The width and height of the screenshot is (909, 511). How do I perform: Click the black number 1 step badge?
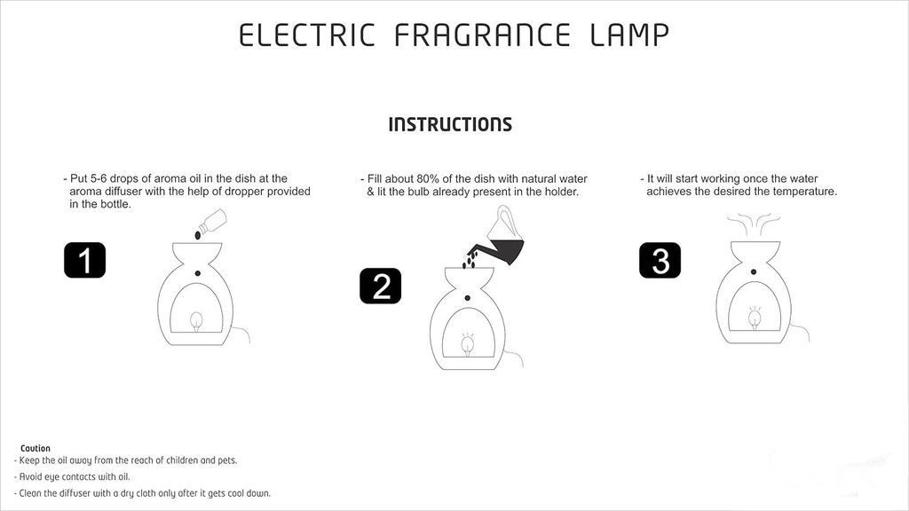84,260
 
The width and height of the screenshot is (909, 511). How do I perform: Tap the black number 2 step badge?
380,286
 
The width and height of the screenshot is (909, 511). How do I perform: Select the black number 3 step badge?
660,260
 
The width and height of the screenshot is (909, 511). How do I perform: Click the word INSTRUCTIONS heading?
450,124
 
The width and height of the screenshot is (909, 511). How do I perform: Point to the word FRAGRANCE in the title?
482,35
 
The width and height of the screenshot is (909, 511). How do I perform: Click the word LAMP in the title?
629,35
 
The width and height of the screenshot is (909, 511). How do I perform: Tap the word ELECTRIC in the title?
307,35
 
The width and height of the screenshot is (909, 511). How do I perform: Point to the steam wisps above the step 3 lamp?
753,223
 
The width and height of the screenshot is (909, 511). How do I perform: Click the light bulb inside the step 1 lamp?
196,321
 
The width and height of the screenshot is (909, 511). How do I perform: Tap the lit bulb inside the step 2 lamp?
468,345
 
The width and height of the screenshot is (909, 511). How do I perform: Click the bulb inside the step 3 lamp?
755,318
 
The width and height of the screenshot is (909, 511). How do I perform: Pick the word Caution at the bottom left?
36,448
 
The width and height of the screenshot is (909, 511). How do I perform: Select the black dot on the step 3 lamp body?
754,271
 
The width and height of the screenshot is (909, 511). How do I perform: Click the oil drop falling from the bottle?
198,235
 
